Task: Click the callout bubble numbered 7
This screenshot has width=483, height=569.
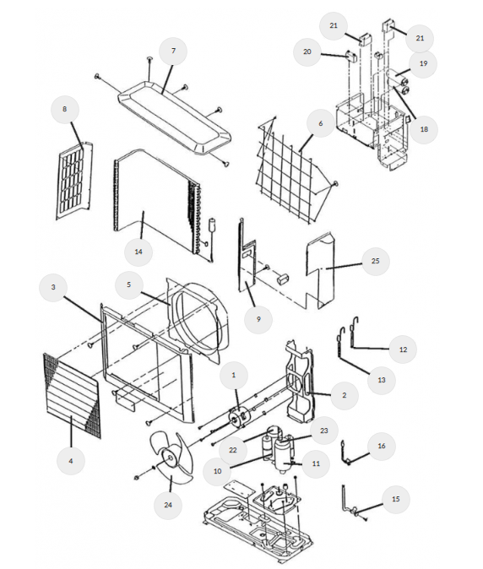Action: pos(173,51)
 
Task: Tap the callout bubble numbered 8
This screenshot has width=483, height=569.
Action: pos(65,109)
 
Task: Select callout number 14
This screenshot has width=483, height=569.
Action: pos(138,252)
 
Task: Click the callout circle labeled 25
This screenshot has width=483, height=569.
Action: pos(375,261)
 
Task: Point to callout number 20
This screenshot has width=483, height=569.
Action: pos(307,51)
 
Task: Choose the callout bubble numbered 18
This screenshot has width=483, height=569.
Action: pos(424,129)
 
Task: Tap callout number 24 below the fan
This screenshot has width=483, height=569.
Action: pos(168,505)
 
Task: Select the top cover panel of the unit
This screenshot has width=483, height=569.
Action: pos(174,117)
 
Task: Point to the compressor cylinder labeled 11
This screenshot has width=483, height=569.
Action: pos(283,455)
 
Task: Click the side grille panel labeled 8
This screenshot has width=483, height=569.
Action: pos(74,181)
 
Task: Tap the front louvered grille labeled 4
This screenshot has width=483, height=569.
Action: pos(72,396)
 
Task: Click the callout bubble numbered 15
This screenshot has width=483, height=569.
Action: pos(395,499)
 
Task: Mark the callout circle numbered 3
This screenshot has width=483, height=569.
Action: pos(53,287)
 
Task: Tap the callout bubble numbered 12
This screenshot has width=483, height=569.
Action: pos(403,350)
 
